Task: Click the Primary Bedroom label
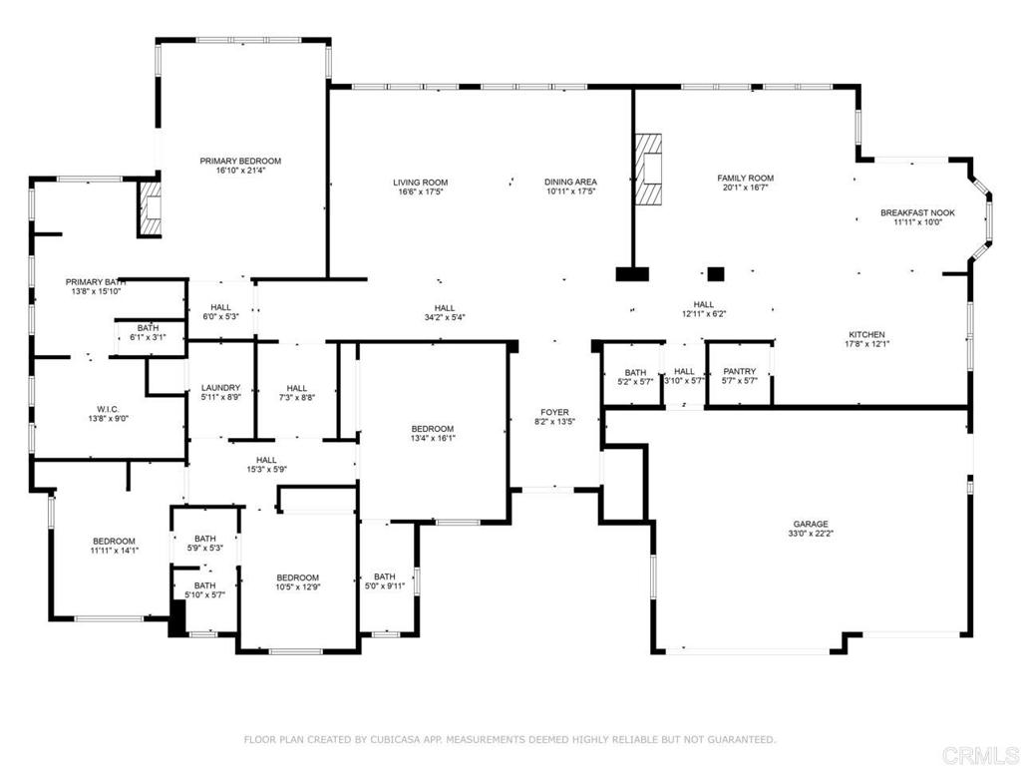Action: click(240, 161)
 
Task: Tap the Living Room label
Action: click(420, 183)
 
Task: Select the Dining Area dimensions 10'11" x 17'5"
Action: click(570, 191)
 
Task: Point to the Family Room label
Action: click(745, 179)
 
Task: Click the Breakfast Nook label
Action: click(916, 212)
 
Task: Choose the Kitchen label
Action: click(865, 335)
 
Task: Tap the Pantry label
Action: click(739, 371)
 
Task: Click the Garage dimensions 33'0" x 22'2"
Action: click(811, 534)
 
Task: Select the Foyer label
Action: click(554, 412)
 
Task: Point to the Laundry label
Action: click(220, 388)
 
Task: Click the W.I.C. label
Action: click(109, 409)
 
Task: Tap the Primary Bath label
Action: click(95, 282)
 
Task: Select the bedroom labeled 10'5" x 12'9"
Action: click(297, 578)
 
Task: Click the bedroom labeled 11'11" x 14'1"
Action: click(115, 542)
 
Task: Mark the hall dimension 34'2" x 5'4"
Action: click(444, 318)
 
